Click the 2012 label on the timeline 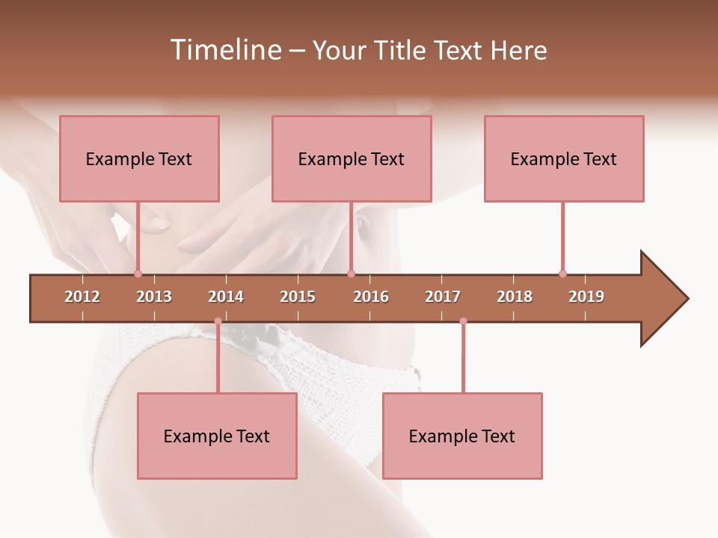tap(82, 297)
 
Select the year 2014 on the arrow tap(226, 297)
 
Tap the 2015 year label tap(298, 297)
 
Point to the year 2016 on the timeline tap(371, 297)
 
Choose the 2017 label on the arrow tap(443, 297)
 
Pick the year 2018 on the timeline tap(515, 297)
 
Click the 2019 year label tap(586, 297)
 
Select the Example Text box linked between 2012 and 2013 tap(139, 158)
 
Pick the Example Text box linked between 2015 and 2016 tap(352, 158)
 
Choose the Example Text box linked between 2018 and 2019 tap(564, 158)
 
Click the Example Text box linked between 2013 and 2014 tap(217, 436)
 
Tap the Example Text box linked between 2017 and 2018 tap(462, 436)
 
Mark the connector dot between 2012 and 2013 tap(138, 273)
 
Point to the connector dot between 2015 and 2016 tap(351, 273)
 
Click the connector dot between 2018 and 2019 tap(562, 273)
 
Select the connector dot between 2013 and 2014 tap(218, 321)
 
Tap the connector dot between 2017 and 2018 tap(463, 321)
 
